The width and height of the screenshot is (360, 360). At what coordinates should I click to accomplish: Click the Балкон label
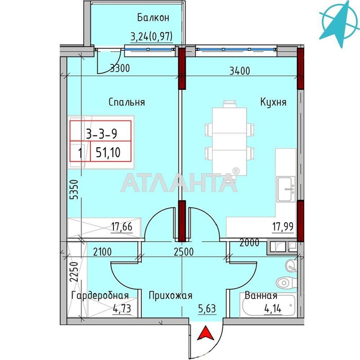[153, 18]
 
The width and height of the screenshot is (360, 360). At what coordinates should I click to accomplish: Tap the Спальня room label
[126, 102]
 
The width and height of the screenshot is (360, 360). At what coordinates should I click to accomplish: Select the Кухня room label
[273, 102]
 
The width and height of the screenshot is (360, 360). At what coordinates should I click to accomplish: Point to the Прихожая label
[171, 296]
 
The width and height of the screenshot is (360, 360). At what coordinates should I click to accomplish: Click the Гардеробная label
[100, 296]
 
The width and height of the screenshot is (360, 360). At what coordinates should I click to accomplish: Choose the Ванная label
[261, 296]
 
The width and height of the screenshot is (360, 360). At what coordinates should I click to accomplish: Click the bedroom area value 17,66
[121, 226]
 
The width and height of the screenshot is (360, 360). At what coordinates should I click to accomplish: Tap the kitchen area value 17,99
[282, 226]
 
